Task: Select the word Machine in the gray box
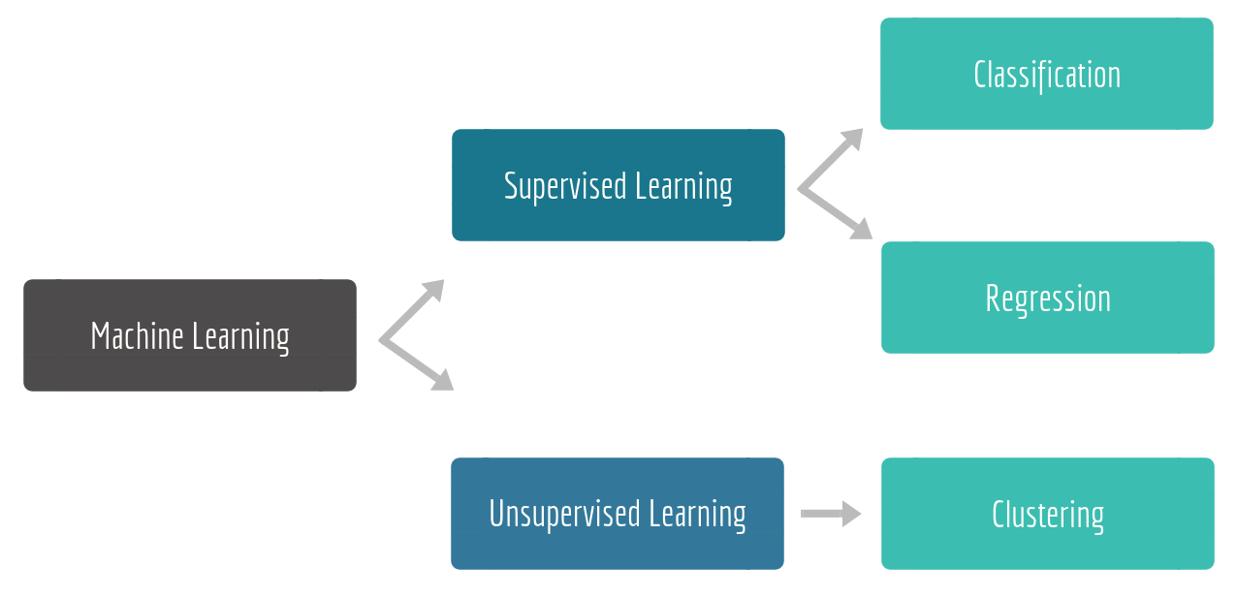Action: (x=138, y=336)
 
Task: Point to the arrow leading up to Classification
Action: (x=832, y=158)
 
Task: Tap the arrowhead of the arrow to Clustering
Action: (x=851, y=514)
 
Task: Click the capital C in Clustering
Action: (x=999, y=514)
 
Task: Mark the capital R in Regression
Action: (x=993, y=298)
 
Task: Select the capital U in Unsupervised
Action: (x=495, y=514)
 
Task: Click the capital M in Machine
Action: (x=98, y=336)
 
